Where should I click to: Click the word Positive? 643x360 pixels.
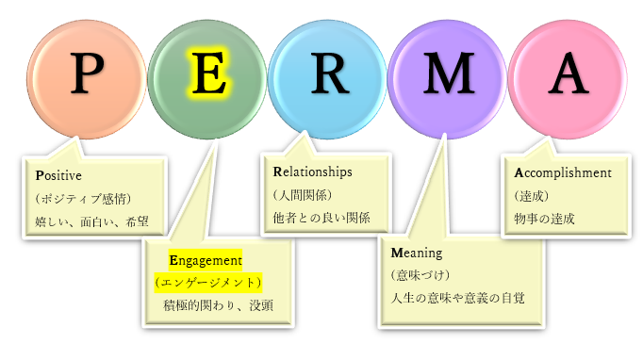tap(58, 175)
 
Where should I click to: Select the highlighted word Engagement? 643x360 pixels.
tap(206, 259)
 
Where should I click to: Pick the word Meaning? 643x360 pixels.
tap(417, 254)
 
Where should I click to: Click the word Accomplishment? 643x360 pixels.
tap(563, 173)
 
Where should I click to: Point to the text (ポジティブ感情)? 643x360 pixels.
tap(84, 199)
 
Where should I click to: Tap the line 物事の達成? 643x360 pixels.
tap(544, 219)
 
